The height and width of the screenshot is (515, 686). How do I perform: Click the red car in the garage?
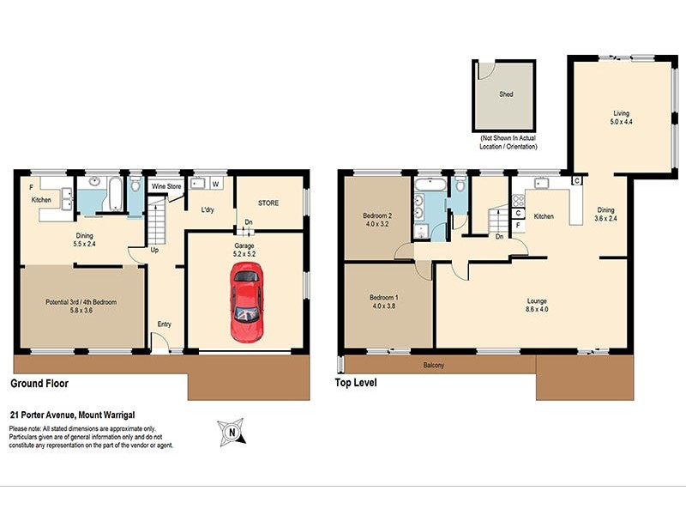coord(246,302)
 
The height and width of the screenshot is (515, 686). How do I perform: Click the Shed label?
coord(506,94)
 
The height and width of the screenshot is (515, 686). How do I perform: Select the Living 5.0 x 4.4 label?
coord(620,118)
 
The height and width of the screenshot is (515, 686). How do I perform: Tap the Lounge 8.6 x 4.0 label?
coord(538,306)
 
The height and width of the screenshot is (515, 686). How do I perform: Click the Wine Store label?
coord(165,185)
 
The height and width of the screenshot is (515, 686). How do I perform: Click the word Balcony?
coord(434,367)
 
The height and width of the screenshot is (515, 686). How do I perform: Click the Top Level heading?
coord(357,384)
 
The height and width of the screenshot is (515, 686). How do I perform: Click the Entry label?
coord(165,324)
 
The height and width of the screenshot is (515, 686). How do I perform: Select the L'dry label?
coord(208,209)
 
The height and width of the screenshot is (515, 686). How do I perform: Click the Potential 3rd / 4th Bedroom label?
coord(81,307)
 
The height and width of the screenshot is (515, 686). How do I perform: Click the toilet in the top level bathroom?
coord(460,185)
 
